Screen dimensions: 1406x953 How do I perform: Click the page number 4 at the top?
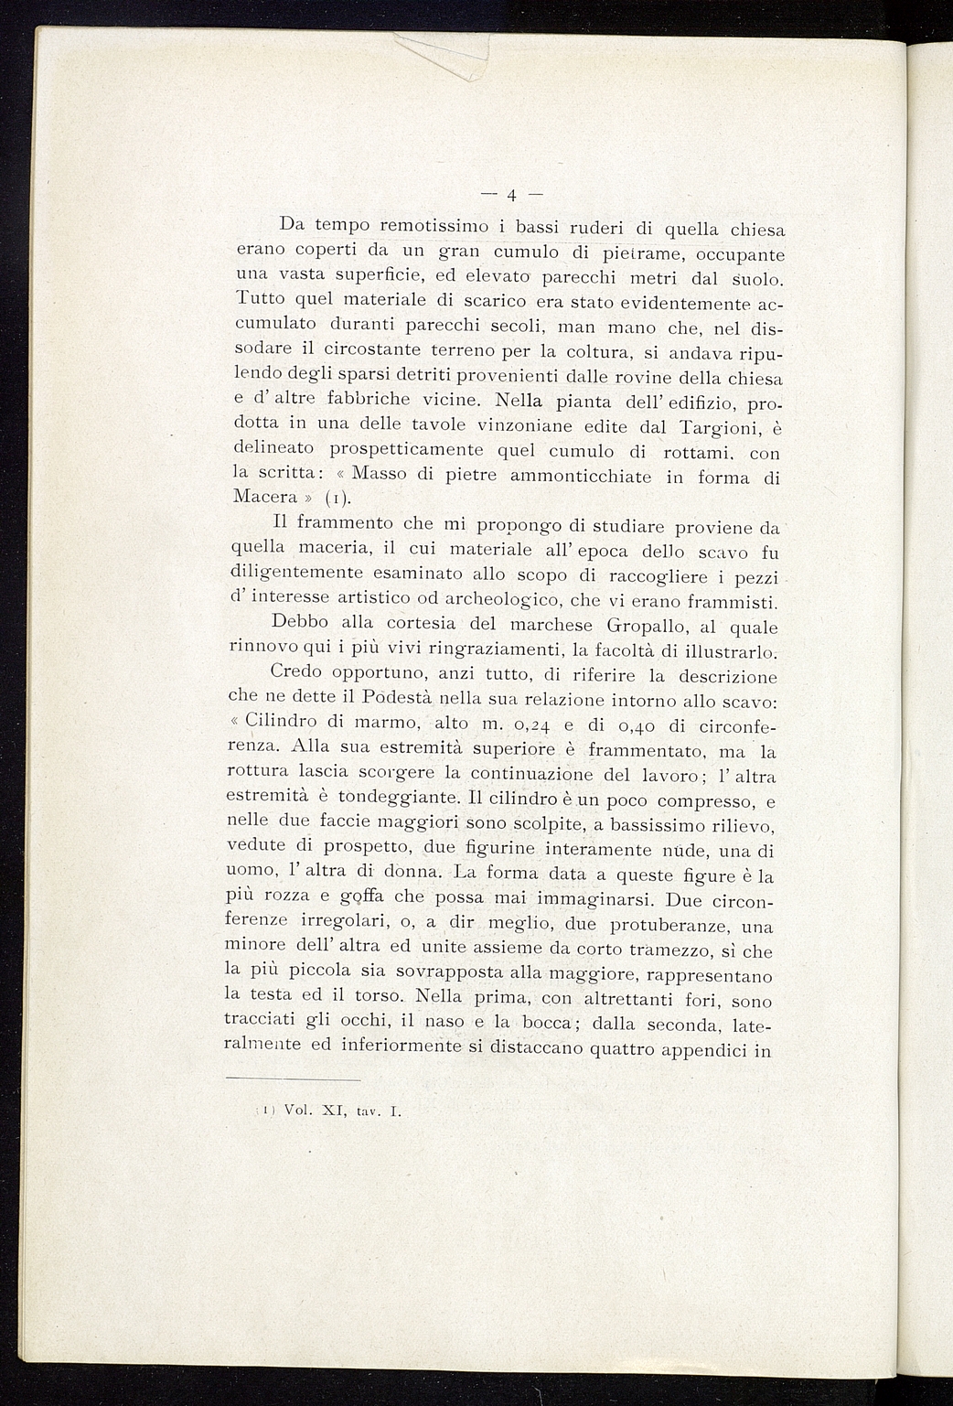pyautogui.click(x=511, y=194)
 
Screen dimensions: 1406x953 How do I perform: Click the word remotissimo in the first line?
pyautogui.click(x=435, y=224)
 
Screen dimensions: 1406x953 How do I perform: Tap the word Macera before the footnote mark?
pyautogui.click(x=266, y=497)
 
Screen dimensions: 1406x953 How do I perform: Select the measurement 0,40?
pyautogui.click(x=628, y=726)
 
